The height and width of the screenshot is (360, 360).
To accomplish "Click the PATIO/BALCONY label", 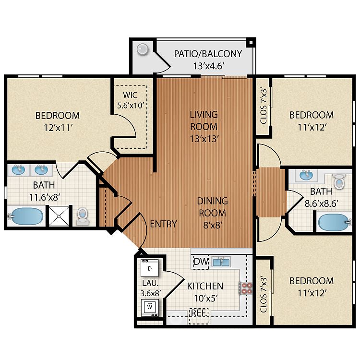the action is coord(208,54).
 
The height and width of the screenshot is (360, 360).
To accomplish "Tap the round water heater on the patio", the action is coord(143,49).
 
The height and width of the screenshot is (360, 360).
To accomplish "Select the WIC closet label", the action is coord(130,95).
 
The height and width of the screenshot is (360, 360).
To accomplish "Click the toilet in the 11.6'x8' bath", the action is coord(82,216).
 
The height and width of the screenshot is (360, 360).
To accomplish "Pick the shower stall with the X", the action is coord(59,216).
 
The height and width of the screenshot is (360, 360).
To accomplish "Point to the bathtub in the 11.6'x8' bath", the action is coord(26,216).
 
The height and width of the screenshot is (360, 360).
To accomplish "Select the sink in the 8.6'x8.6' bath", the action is coord(306,175).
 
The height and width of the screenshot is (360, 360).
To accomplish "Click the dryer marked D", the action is coord(150,268).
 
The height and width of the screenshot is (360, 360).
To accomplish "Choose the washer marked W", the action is coord(150,307).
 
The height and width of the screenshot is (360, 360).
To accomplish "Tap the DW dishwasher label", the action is coord(201,262).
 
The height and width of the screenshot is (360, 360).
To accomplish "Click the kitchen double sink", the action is coord(221,262).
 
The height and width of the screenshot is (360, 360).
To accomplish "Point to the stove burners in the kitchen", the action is coord(246,288).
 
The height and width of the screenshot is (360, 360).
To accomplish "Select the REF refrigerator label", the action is coord(199,313).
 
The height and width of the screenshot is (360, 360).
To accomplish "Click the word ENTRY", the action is coord(164,224).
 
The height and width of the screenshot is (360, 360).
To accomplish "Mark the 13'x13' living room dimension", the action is coord(204,139).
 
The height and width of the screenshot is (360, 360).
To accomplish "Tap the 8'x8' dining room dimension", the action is coord(213,225).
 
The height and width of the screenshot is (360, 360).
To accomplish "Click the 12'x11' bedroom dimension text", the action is coord(58,128).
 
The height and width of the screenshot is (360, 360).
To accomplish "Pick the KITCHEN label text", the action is coord(205,286).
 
